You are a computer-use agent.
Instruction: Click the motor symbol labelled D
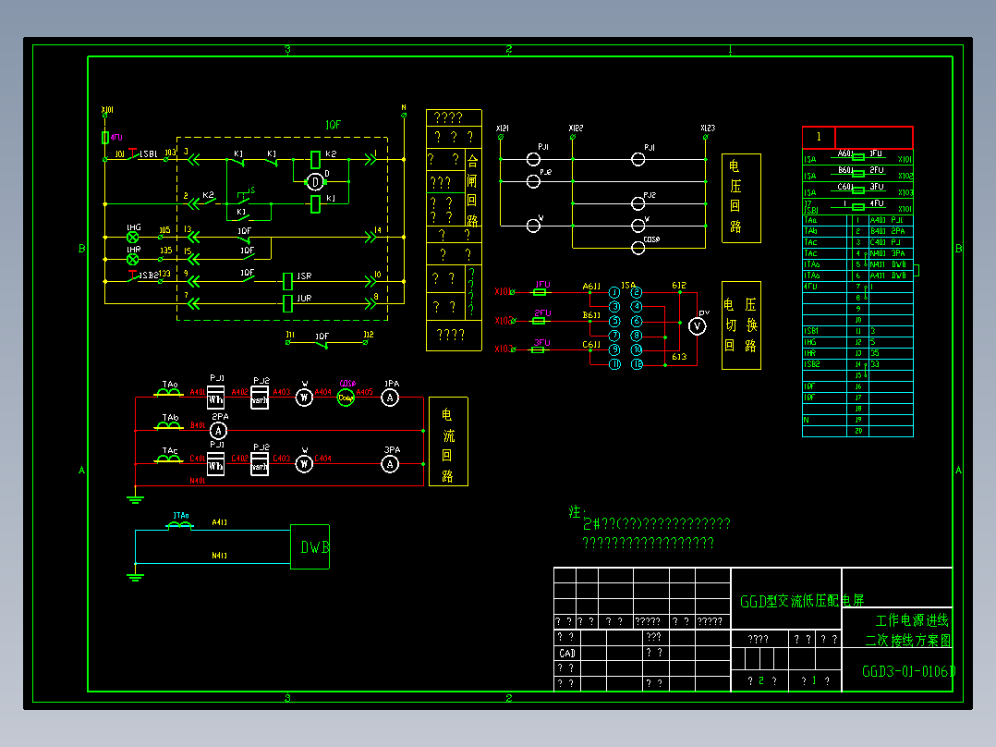click(x=315, y=181)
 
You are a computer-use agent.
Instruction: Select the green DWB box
click(x=310, y=546)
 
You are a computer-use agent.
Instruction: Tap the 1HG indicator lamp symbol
click(x=132, y=238)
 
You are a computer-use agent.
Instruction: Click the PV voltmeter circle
click(x=698, y=326)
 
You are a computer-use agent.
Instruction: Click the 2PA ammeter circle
click(x=218, y=430)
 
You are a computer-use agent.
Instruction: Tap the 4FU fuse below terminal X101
click(x=104, y=138)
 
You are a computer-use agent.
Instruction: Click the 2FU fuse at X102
click(x=541, y=320)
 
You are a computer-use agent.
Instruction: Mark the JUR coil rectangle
click(x=288, y=301)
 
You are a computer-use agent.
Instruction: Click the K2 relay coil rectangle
click(x=315, y=159)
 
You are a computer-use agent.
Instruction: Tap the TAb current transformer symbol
click(x=169, y=426)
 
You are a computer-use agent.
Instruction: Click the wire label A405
click(x=364, y=392)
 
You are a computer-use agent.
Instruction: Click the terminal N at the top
click(x=404, y=108)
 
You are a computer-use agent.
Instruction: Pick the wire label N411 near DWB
click(x=220, y=556)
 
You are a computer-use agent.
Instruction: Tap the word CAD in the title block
click(x=566, y=653)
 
